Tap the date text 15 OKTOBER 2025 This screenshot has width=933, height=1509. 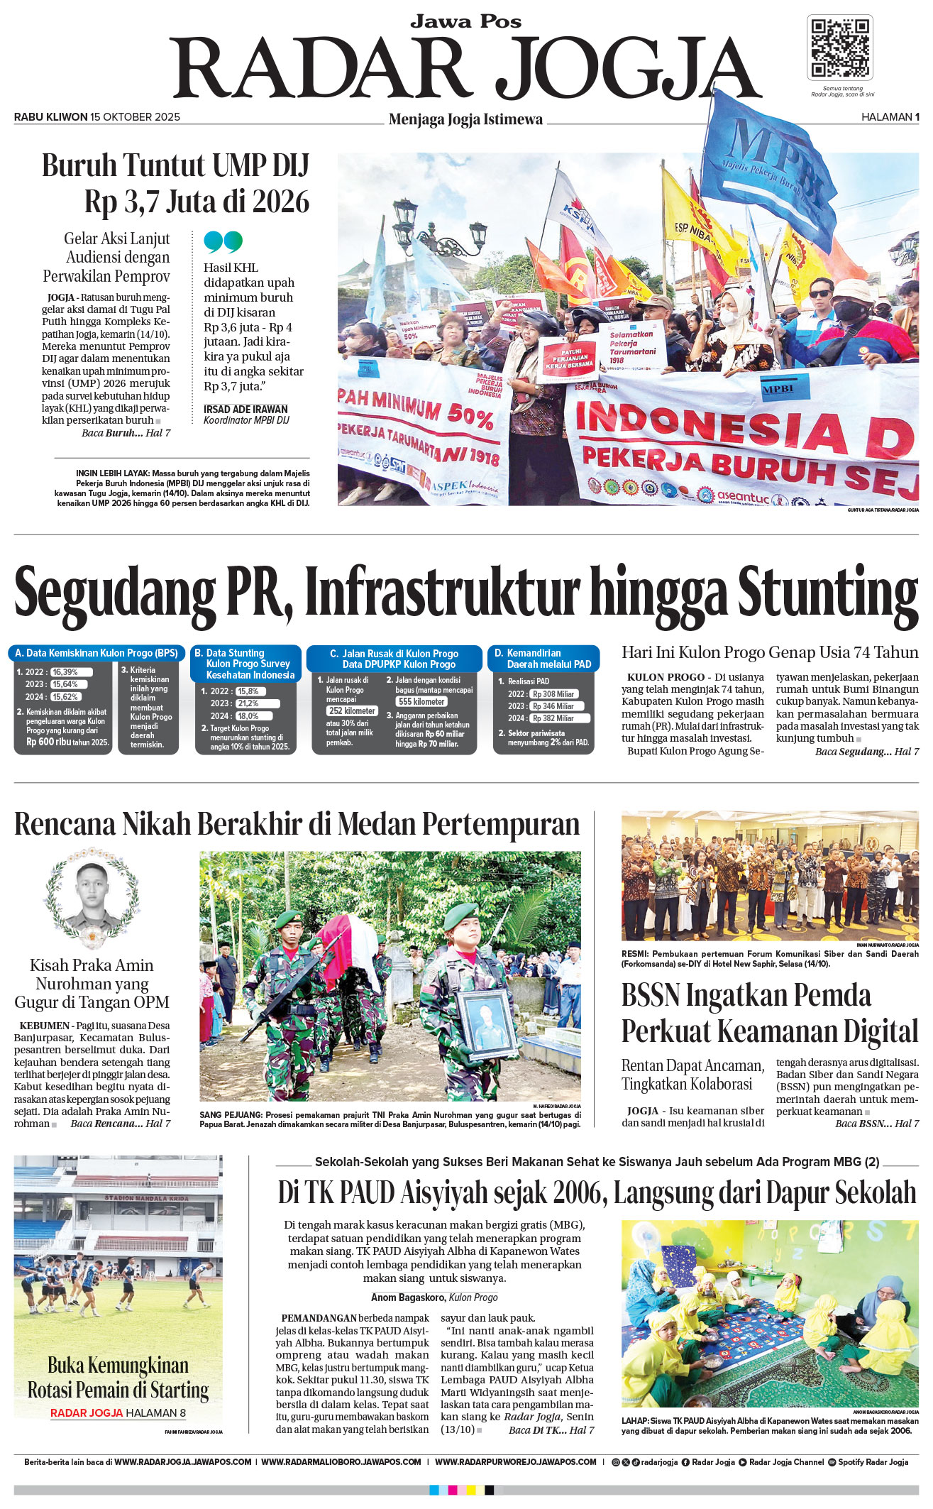[x=135, y=117]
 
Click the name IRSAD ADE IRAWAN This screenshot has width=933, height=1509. [x=245, y=409]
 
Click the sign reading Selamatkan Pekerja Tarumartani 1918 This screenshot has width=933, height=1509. [x=632, y=347]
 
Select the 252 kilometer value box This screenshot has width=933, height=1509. [x=352, y=710]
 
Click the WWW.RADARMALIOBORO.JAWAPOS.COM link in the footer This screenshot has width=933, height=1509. [x=341, y=1461]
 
